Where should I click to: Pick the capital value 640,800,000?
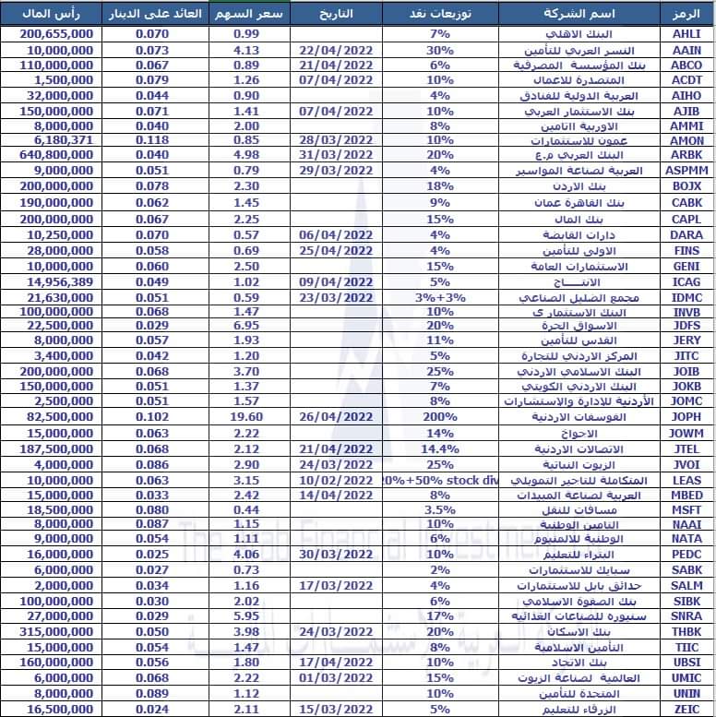click(55, 155)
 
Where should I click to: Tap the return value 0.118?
click(150, 140)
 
